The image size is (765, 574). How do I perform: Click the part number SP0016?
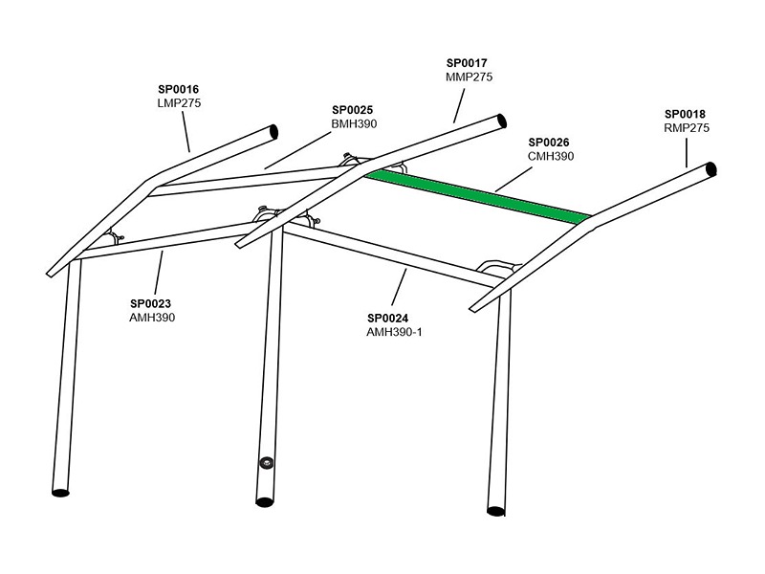(179, 89)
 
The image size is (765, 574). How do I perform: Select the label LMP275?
(179, 103)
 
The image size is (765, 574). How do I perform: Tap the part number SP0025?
(352, 110)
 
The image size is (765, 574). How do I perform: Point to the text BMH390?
(354, 124)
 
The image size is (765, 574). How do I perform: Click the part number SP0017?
(467, 63)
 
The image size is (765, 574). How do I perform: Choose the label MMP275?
(469, 77)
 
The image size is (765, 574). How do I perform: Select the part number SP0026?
(549, 143)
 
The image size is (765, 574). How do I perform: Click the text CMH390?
(551, 156)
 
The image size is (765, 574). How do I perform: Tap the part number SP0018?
(685, 114)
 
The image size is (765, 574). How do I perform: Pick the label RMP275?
(687, 128)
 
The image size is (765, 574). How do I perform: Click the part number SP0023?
(151, 303)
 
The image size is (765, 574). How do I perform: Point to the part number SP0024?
(388, 319)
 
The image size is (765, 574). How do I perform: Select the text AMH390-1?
(394, 332)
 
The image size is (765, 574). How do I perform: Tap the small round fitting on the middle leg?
(266, 463)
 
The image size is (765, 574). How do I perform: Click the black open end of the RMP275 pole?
(711, 169)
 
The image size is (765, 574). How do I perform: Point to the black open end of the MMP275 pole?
(501, 121)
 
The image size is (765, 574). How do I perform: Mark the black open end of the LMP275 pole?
(273, 132)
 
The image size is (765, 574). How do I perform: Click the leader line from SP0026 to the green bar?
(514, 180)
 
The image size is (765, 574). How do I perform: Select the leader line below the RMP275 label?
(687, 153)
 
